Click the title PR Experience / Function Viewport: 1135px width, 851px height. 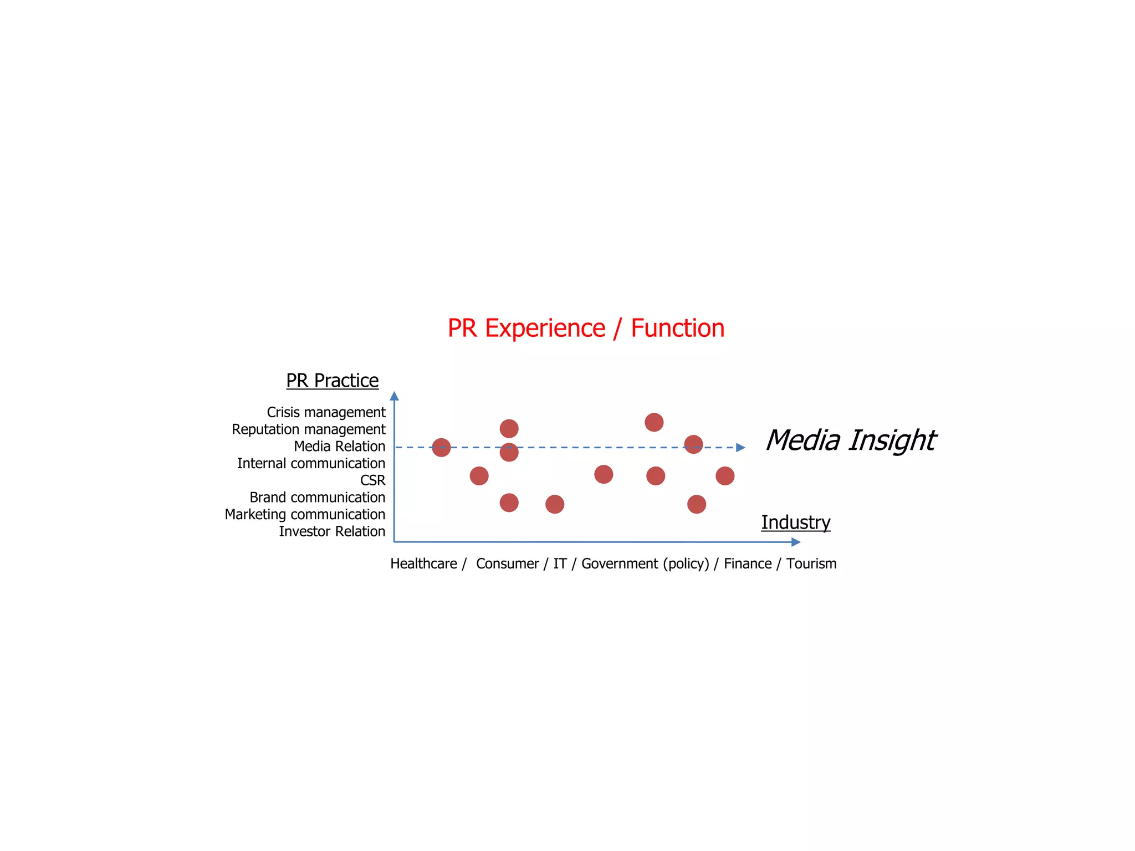(x=586, y=328)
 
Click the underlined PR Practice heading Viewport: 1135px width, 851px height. (x=332, y=381)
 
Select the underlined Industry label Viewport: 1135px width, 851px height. (x=795, y=522)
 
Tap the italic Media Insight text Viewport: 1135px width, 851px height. (x=850, y=440)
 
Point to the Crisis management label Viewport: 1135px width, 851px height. (x=326, y=412)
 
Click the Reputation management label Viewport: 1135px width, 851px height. (x=308, y=429)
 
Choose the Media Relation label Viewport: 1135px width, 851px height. (x=339, y=446)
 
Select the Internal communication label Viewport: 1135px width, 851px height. (x=311, y=463)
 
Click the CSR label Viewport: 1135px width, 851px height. (x=372, y=480)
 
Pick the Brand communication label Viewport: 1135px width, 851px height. (x=317, y=498)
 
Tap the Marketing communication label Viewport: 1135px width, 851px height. (x=305, y=514)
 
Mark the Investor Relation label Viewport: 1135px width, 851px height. (x=331, y=531)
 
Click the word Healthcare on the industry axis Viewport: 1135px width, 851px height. (x=423, y=563)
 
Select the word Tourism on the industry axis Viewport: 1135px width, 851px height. (x=811, y=563)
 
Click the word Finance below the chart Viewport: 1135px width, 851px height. (x=748, y=563)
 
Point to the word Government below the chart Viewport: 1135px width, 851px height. (x=620, y=563)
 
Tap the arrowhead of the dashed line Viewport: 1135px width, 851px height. (x=740, y=448)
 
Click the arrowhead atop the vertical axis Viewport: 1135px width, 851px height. (x=394, y=396)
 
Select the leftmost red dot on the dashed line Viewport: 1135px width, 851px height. (x=441, y=447)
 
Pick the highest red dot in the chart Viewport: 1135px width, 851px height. (x=654, y=422)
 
